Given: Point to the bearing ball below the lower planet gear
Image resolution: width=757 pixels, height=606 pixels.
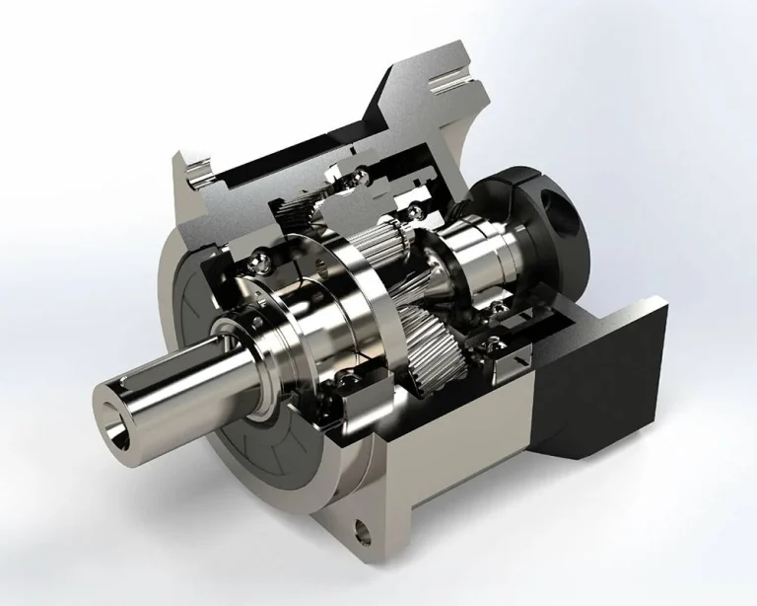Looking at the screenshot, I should coord(464,369).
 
